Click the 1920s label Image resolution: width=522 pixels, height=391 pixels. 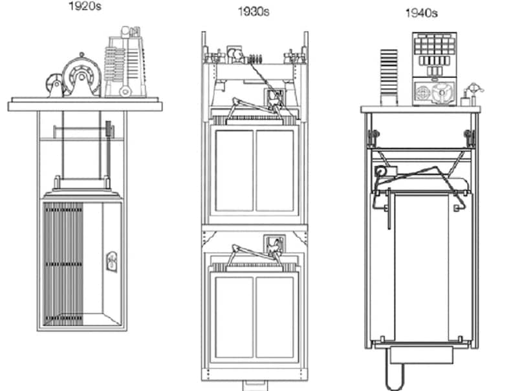pyautogui.click(x=85, y=6)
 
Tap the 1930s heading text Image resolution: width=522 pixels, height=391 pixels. pyautogui.click(x=253, y=12)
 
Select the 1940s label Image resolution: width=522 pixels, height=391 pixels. pyautogui.click(x=421, y=13)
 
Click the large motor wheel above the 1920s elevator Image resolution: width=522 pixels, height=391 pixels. pyautogui.click(x=82, y=76)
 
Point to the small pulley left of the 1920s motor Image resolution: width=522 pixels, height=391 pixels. pyautogui.click(x=54, y=85)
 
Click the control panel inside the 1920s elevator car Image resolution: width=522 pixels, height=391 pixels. pyautogui.click(x=112, y=261)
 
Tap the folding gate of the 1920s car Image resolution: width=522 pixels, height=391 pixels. pyautogui.click(x=63, y=264)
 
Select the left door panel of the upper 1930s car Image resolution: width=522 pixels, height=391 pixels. pyautogui.click(x=234, y=171)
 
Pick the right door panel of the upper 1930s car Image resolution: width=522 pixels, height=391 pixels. pyautogui.click(x=275, y=171)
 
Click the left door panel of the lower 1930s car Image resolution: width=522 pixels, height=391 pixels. pyautogui.click(x=234, y=317)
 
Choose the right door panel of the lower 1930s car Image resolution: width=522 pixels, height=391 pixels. pyautogui.click(x=275, y=317)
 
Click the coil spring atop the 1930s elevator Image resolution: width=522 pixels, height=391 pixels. pyautogui.click(x=256, y=59)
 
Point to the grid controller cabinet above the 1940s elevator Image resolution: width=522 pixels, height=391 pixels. pyautogui.click(x=435, y=69)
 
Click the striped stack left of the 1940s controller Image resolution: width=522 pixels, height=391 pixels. pyautogui.click(x=389, y=77)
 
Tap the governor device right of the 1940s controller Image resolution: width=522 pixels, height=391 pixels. pyautogui.click(x=472, y=94)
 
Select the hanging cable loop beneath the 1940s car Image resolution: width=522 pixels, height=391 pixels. pyautogui.click(x=395, y=372)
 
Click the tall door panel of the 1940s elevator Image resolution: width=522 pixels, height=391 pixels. pyautogui.click(x=422, y=268)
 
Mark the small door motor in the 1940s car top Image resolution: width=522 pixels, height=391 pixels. pyautogui.click(x=386, y=171)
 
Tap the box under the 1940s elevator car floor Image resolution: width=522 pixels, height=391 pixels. pyautogui.click(x=422, y=355)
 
